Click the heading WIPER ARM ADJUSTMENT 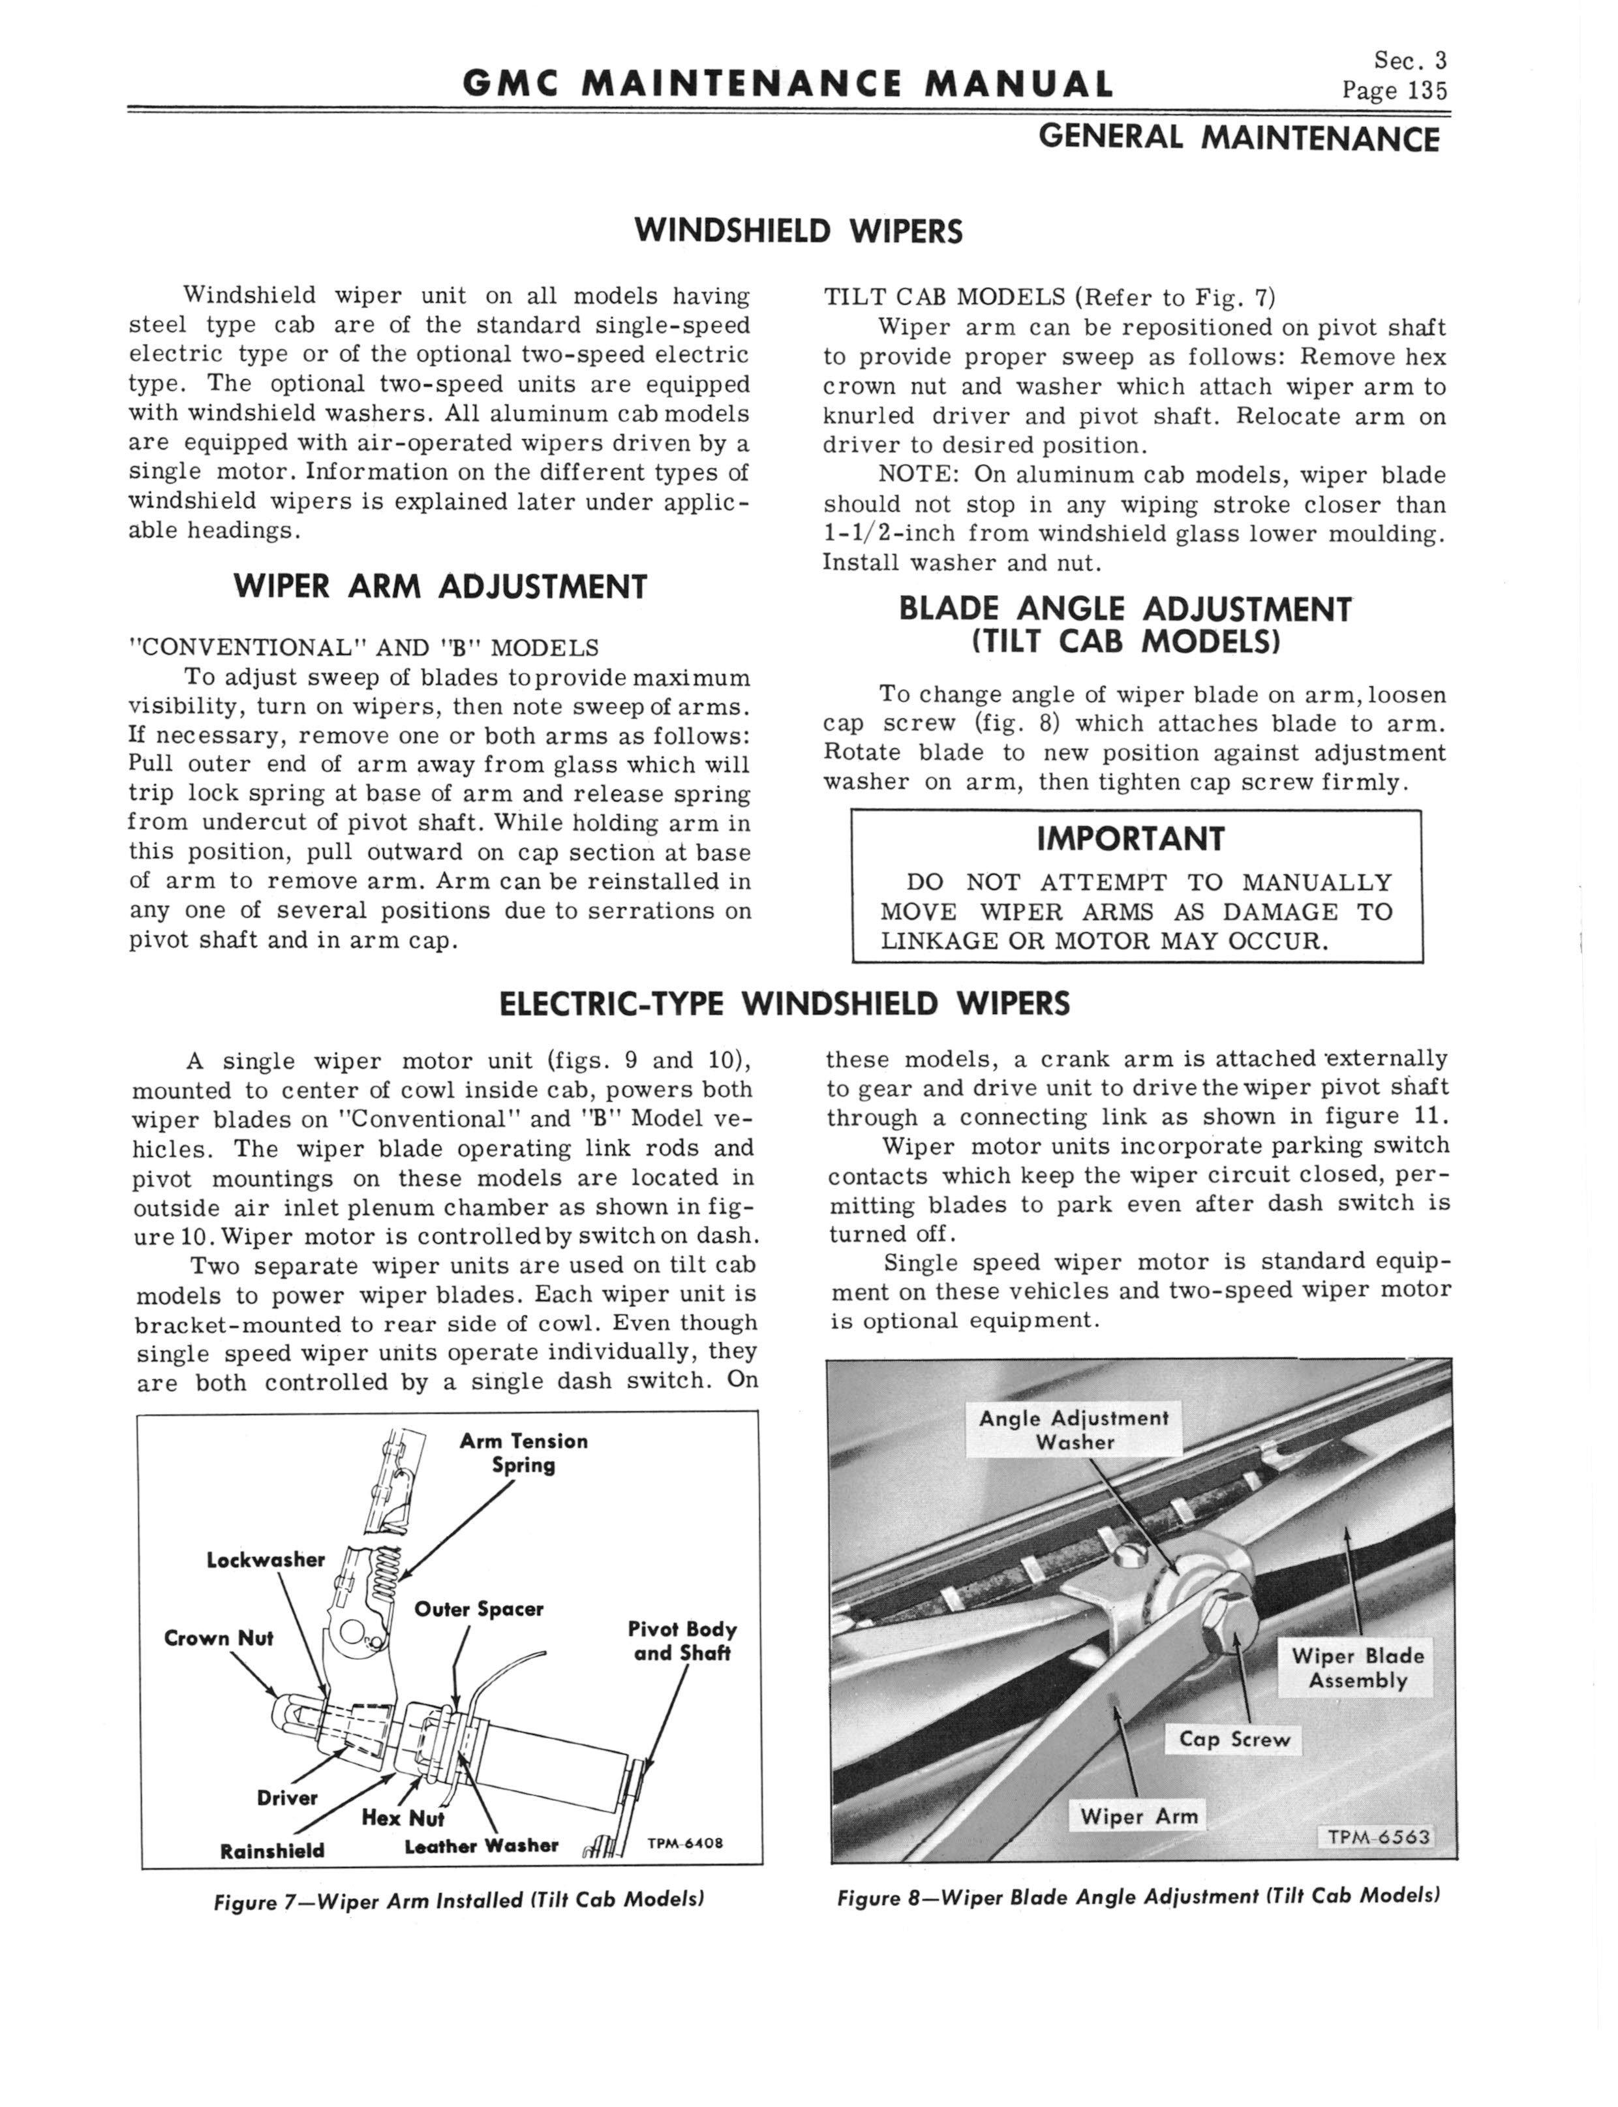pos(440,587)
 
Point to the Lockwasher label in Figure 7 pos(266,1559)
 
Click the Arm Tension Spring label pos(523,1453)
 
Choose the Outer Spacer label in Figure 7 pos(479,1609)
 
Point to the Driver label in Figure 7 pos(287,1798)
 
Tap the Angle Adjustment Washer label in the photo pos(1074,1430)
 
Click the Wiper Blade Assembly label pos(1357,1668)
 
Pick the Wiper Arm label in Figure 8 pos(1138,1816)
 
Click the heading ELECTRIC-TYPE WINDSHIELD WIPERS pos(785,1004)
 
